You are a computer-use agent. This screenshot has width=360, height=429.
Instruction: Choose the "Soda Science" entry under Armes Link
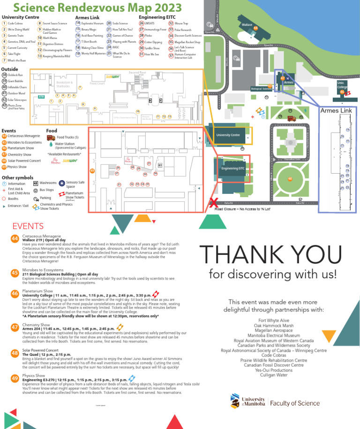[120, 23]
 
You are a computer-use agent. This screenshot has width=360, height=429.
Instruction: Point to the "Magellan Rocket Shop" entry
[187, 42]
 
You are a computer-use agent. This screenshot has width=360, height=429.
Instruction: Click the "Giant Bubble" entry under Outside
[15, 81]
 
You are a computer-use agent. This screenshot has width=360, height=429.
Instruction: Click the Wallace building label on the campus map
[247, 24]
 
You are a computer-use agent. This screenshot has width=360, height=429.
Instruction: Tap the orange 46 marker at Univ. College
[342, 92]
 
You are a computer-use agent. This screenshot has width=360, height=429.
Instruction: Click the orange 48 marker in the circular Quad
[290, 178]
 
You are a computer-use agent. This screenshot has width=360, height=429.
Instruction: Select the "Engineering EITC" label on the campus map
[233, 168]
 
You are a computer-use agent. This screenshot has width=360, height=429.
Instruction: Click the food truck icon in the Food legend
[50, 137]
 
